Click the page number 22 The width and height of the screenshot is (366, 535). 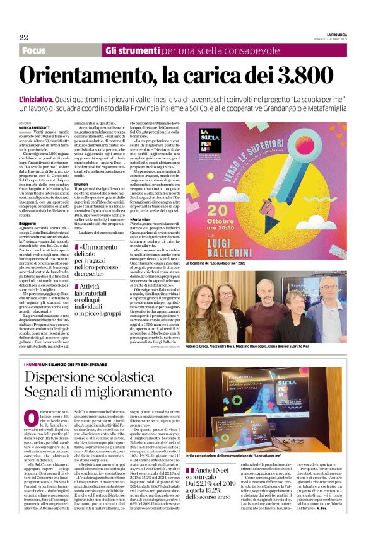(x=23, y=37)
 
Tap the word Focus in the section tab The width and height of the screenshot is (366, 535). (x=36, y=50)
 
